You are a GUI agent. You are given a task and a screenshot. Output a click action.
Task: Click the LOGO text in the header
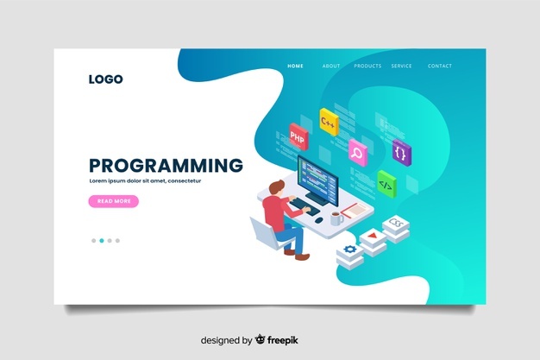point(105,79)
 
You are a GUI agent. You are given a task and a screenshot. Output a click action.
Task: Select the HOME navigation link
point(295,66)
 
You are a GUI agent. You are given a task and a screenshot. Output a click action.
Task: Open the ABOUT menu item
point(331,66)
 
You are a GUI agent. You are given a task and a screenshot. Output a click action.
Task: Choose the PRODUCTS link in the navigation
point(367,66)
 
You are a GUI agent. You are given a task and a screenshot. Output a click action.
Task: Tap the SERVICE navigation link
point(401,66)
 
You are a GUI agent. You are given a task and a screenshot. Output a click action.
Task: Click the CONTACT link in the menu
point(439,66)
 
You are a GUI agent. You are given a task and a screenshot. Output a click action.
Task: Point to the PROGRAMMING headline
point(166,166)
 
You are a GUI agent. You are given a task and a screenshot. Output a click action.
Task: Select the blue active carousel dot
point(101,240)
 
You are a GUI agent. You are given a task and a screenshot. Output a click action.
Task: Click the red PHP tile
point(298,136)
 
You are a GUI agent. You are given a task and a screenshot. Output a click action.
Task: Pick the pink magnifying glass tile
point(355,153)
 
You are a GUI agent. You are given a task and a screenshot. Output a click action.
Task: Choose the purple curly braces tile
point(400,152)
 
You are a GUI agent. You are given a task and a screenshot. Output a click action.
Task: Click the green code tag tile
point(386,184)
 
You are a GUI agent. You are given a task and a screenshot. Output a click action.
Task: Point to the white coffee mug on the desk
point(336,218)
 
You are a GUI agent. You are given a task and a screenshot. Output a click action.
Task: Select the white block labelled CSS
point(396,226)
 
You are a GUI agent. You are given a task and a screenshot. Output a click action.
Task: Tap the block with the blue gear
point(350,251)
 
